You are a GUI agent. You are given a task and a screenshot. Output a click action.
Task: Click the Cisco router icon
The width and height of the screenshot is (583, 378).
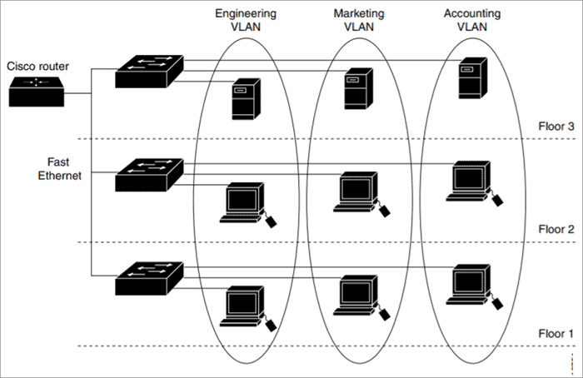click(37, 92)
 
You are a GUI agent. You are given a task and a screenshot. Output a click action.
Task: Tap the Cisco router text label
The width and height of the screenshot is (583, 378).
click(37, 66)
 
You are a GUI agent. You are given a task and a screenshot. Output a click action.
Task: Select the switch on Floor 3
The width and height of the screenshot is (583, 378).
click(149, 72)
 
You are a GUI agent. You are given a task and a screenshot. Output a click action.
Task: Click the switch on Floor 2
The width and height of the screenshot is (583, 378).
click(149, 175)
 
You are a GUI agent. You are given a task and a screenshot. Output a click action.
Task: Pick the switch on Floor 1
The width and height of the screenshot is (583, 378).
click(149, 279)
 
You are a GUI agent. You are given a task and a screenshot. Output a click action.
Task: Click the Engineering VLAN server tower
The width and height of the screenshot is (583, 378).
click(246, 99)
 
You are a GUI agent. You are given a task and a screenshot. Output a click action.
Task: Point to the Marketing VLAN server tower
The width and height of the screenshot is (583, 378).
click(358, 88)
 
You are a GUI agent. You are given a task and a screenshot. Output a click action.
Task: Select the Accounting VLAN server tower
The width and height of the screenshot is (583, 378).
click(472, 78)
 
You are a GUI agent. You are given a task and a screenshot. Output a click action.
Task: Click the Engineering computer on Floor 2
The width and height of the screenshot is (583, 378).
click(248, 205)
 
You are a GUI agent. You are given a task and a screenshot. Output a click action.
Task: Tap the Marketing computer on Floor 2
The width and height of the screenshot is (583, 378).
click(361, 194)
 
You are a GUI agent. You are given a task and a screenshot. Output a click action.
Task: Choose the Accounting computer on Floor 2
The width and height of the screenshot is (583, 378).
click(475, 184)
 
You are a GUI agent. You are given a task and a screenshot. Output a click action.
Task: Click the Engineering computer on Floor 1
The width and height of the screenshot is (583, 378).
click(248, 309)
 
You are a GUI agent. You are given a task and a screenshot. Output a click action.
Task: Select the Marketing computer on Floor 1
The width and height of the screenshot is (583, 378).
click(361, 298)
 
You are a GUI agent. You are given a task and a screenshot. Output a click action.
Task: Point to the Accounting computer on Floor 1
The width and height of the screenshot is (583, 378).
click(475, 287)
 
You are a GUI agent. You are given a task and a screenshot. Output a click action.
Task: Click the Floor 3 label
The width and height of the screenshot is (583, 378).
click(556, 127)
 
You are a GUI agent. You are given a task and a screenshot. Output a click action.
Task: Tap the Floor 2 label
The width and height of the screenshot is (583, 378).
click(556, 229)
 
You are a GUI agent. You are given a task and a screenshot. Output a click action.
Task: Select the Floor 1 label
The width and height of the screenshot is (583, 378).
click(556, 333)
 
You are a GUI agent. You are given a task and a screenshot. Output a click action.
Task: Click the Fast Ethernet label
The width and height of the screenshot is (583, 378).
click(59, 169)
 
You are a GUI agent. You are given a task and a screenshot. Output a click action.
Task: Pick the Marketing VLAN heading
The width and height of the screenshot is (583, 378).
click(359, 20)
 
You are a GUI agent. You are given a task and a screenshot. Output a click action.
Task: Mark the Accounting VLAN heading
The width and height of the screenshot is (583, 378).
click(472, 20)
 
